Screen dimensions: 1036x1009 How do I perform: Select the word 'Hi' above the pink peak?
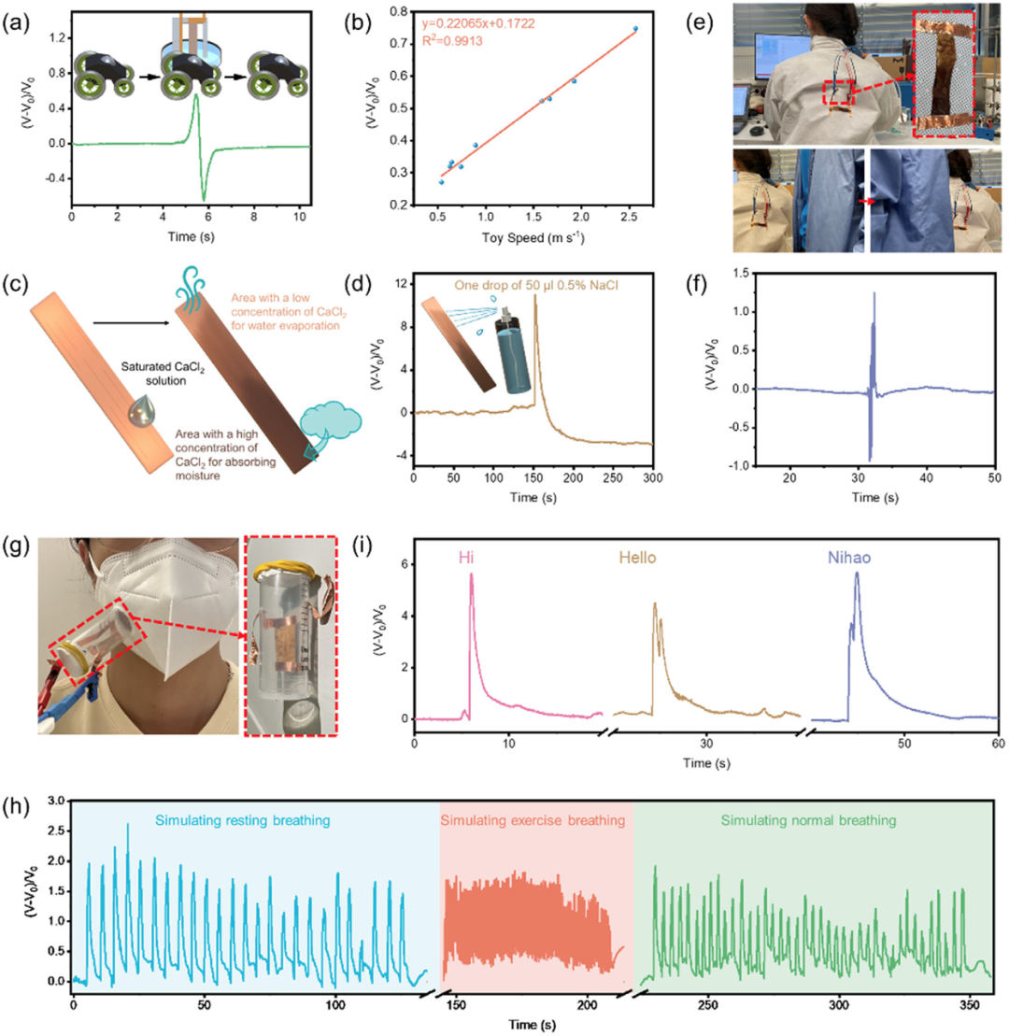(465, 557)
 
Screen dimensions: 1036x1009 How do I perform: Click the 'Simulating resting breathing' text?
(256, 820)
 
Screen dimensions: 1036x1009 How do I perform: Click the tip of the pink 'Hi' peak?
(471, 575)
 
